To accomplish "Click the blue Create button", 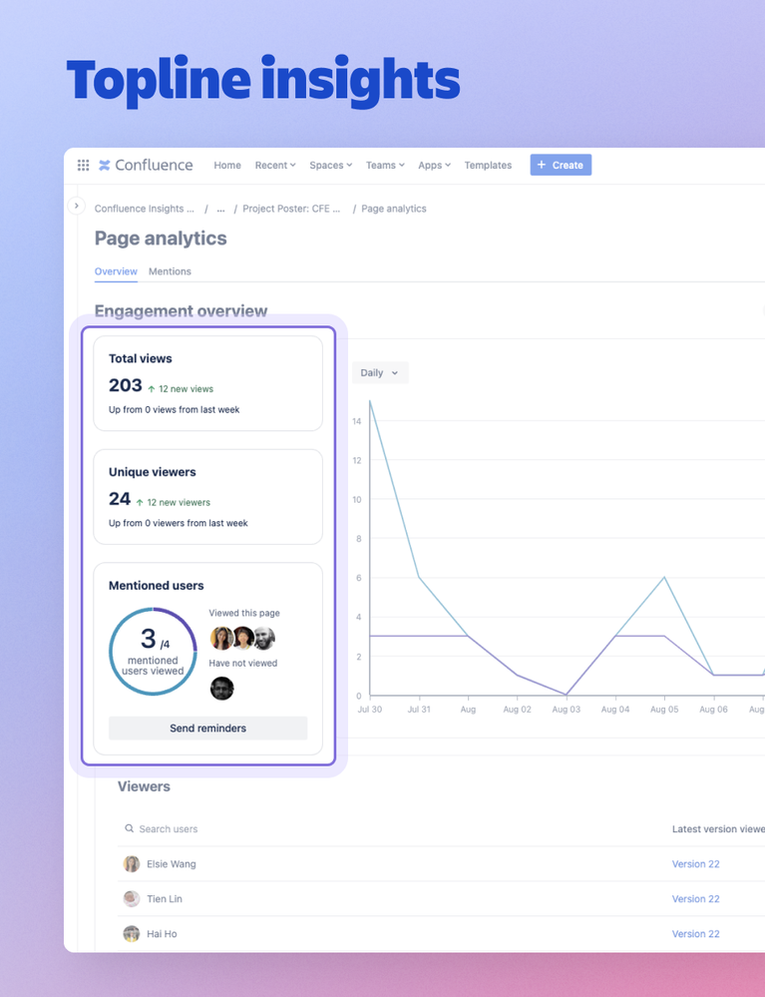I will [561, 165].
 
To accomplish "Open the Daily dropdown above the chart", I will [380, 372].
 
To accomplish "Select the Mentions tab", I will [170, 271].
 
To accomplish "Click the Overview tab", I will [116, 271].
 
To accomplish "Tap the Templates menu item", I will [488, 165].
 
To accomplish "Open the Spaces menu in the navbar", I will [331, 165].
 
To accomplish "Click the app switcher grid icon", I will [83, 165].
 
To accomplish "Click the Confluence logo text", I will [154, 165].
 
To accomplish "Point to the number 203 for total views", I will [126, 385].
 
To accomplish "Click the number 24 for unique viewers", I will [120, 499].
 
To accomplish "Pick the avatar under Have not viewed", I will [221, 688].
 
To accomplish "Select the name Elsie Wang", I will [172, 864].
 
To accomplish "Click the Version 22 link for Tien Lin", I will [695, 899].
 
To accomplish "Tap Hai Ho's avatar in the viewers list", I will [131, 934].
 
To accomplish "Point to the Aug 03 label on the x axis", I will [567, 709].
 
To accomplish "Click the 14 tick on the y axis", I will [356, 421].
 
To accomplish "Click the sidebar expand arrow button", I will [77, 206].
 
